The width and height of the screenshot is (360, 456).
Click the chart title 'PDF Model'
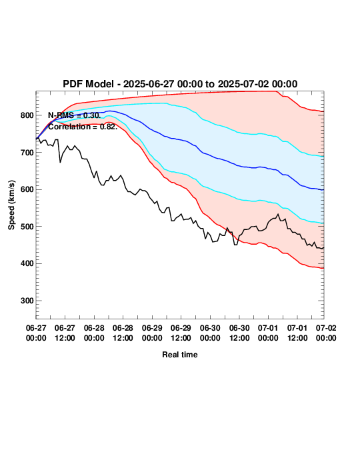(88, 84)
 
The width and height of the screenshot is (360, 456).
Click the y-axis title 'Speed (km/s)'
(11, 205)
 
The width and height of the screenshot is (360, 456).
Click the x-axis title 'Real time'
(180, 355)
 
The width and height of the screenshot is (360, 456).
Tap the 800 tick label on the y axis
(27, 115)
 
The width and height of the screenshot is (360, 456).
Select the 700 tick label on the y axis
(27, 153)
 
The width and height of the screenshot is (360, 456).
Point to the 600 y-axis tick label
(27, 189)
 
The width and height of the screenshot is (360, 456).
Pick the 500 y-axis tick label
(27, 226)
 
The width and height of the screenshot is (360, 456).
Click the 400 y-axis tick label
(27, 263)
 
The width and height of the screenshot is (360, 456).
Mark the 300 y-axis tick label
(27, 301)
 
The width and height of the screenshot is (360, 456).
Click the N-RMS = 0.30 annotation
(75, 115)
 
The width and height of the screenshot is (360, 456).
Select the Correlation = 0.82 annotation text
(83, 127)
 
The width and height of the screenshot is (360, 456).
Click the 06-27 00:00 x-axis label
(36, 333)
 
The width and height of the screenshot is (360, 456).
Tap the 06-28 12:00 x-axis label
(123, 333)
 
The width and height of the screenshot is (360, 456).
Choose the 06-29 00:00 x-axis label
(152, 333)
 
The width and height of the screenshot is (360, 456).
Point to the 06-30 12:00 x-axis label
(239, 333)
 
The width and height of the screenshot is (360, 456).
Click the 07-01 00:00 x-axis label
(268, 333)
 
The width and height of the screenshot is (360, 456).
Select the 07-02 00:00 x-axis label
(326, 333)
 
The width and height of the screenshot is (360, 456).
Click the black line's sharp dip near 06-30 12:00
(235, 245)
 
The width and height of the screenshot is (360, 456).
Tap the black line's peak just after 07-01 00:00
(278, 214)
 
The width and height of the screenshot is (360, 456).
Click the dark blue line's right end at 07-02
(323, 190)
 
